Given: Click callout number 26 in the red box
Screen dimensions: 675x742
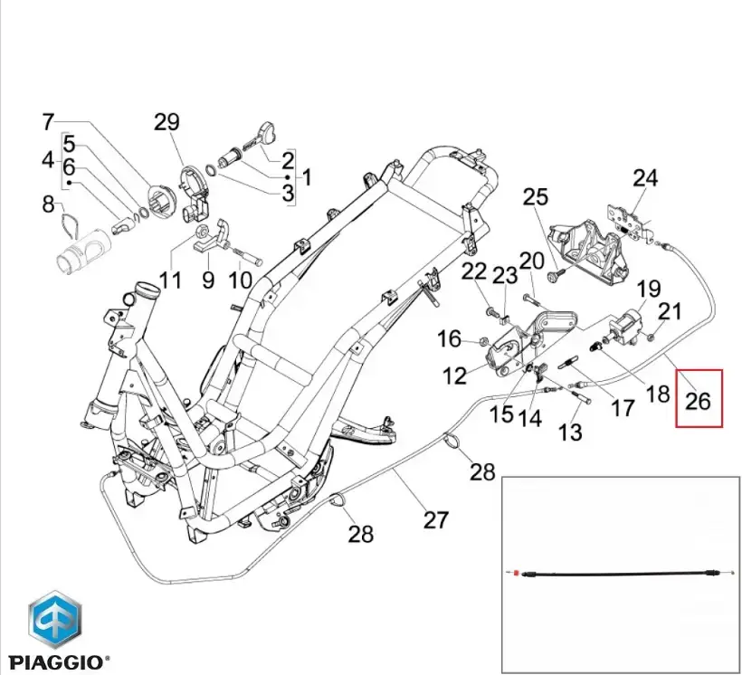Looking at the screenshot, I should (699, 399).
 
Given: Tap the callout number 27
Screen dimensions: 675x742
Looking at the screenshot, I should (436, 520).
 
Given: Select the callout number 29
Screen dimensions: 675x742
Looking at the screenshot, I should (166, 122).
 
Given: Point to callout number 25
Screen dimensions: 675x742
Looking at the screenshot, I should (536, 196).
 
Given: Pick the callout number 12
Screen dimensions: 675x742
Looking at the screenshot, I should (454, 375).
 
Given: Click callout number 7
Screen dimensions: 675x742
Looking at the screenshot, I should (48, 122).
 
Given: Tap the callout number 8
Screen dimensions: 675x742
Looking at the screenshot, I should (48, 204).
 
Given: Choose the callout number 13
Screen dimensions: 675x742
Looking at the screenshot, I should (570, 433).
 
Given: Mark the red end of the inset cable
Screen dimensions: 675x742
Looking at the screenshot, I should (516, 574).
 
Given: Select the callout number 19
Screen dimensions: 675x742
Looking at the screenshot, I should (648, 290).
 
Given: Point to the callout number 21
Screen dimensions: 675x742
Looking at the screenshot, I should (669, 312).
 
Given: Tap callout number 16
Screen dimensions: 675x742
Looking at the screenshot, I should (450, 338).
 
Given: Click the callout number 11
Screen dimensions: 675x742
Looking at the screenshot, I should (170, 280).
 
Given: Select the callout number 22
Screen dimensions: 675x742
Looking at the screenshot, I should (474, 271).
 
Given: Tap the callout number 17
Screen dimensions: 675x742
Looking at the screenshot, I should (623, 408).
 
